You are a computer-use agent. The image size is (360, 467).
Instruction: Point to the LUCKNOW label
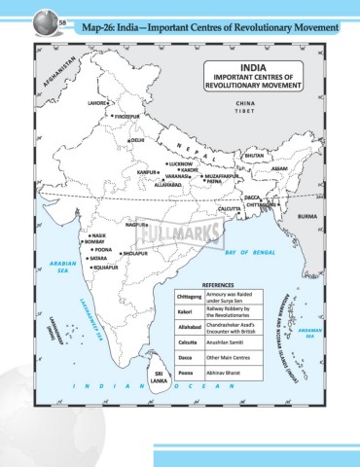click(x=180, y=164)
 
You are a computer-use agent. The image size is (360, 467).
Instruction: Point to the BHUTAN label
click(x=253, y=156)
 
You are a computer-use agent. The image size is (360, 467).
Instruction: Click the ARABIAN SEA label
click(x=60, y=267)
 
